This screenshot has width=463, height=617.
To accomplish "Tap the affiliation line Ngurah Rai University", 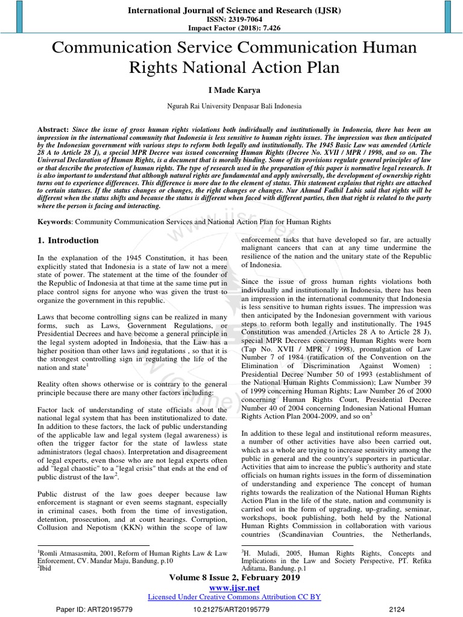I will (x=231, y=107).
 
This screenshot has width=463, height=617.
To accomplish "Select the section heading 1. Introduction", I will (x=68, y=240).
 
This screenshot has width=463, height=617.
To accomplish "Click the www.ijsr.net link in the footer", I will (x=231, y=587).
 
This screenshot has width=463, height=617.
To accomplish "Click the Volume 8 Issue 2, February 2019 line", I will (x=231, y=577).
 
